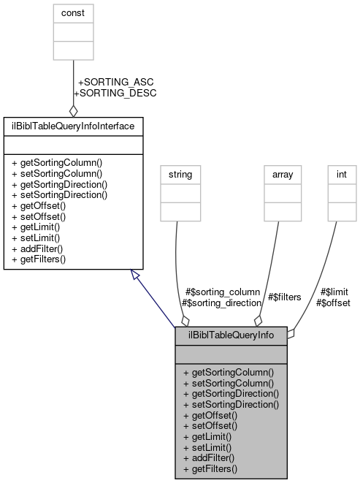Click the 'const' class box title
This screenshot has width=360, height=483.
[73, 13]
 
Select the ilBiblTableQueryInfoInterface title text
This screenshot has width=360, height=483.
[72, 126]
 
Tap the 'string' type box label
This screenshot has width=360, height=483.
[180, 175]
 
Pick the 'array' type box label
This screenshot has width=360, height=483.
[282, 175]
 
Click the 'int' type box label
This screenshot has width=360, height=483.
[340, 175]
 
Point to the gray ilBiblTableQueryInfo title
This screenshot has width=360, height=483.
[231, 336]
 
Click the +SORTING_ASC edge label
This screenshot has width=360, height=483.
[115, 83]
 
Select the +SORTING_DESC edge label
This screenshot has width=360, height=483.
[115, 94]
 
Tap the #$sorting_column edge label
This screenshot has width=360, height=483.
[223, 292]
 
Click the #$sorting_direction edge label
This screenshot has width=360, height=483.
[221, 303]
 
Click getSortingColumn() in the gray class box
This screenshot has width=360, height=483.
[229, 372]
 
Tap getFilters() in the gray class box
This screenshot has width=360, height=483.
[211, 468]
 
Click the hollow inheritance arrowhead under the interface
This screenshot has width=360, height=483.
[135, 273]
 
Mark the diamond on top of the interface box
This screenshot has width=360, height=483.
[73, 111]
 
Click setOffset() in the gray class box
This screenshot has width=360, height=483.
[210, 425]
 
